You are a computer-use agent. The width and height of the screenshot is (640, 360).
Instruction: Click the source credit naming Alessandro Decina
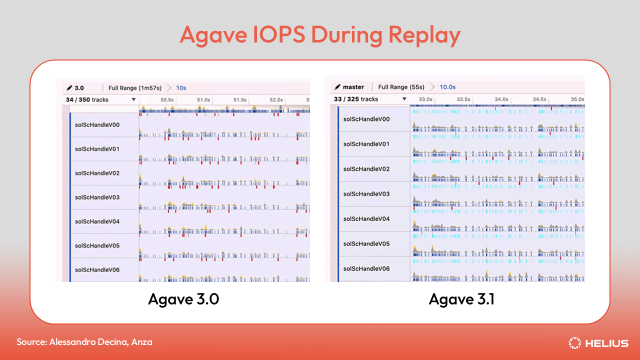click(x=84, y=342)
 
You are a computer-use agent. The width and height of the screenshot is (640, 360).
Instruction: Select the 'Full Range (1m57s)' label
click(x=135, y=88)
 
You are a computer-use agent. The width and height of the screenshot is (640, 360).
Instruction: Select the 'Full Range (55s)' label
click(x=401, y=87)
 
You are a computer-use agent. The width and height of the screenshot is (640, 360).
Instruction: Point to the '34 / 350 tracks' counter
click(x=87, y=100)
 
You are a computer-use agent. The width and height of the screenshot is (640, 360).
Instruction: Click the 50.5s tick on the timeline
click(x=167, y=100)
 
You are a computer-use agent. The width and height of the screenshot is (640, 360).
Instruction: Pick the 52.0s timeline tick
click(x=276, y=100)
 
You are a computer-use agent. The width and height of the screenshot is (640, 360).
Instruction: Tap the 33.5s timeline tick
click(x=463, y=99)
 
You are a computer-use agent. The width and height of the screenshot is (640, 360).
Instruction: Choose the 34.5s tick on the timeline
click(x=539, y=99)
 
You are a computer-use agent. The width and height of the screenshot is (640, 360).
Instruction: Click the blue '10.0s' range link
click(x=447, y=87)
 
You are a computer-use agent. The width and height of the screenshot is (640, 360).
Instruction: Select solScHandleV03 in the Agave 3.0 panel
click(x=97, y=197)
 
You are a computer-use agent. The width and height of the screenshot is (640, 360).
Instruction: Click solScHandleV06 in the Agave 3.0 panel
click(x=97, y=270)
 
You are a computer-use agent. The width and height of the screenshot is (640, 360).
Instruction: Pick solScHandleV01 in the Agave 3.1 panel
click(x=366, y=144)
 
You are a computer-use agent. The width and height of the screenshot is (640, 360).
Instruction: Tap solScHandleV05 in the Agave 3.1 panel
click(x=366, y=244)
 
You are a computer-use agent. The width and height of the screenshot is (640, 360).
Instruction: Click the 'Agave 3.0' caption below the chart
click(x=183, y=299)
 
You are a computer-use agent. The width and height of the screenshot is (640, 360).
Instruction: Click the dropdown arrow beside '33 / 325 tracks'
click(x=404, y=99)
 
